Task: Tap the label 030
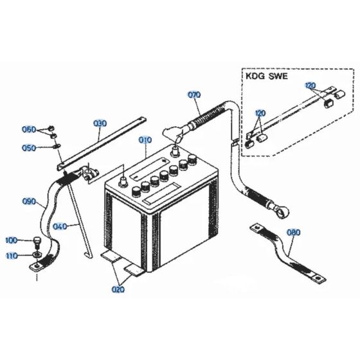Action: pyautogui.click(x=100, y=123)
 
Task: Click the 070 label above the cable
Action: pyautogui.click(x=194, y=95)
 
